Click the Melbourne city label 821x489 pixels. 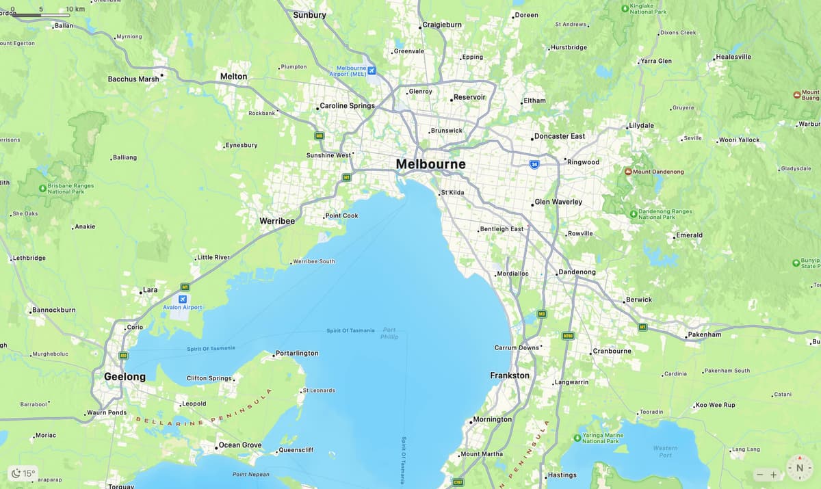pos(430,164)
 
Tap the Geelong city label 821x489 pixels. pos(125,377)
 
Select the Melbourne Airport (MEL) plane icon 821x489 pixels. pos(372,70)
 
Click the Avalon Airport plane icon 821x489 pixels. pos(183,299)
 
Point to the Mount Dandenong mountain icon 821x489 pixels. pos(628,172)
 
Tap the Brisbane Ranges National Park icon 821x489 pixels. pos(42,187)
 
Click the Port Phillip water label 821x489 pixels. pos(389,333)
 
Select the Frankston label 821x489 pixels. pos(510,375)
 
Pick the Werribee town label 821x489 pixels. pos(277,221)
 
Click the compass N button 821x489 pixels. pos(799,468)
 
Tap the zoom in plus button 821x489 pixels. pos(774,475)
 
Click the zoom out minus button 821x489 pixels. pos(759,475)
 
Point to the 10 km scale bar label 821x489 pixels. pos(75,9)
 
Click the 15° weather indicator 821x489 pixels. pos(23,473)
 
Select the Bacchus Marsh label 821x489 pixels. pos(133,79)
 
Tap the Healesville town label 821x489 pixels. pos(733,57)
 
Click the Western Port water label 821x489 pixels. pos(665,451)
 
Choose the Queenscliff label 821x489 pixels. pos(296,450)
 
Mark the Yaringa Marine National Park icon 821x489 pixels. pos(577,437)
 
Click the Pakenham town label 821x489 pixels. pos(705,334)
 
